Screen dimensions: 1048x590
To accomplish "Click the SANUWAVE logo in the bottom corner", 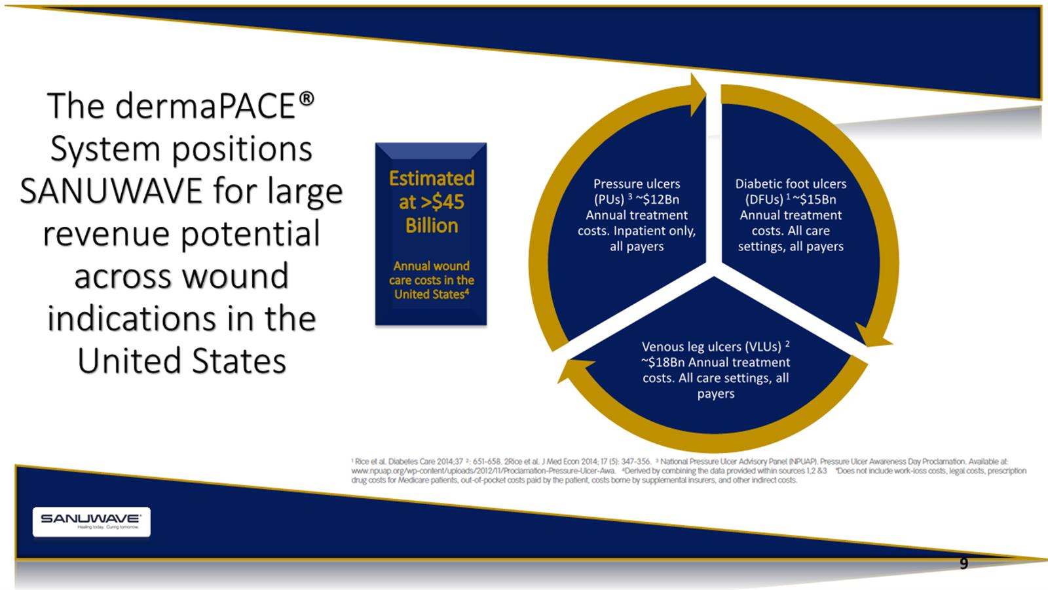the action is click(x=91, y=522).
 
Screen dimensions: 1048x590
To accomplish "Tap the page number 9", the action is click(x=964, y=563).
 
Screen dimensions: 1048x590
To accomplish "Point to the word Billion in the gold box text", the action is click(x=432, y=226).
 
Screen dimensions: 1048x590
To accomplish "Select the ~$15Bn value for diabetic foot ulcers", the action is click(x=815, y=199).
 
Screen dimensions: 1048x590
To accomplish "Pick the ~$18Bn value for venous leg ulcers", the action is click(x=663, y=363).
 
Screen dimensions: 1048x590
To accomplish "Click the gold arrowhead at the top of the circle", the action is click(x=697, y=94).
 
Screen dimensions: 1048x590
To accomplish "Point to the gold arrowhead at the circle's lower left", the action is click(x=574, y=370).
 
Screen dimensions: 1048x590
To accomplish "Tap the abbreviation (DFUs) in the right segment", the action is click(x=764, y=199).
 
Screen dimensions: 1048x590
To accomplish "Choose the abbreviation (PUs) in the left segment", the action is click(x=609, y=199).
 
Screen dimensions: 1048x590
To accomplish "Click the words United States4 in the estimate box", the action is click(x=432, y=294).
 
